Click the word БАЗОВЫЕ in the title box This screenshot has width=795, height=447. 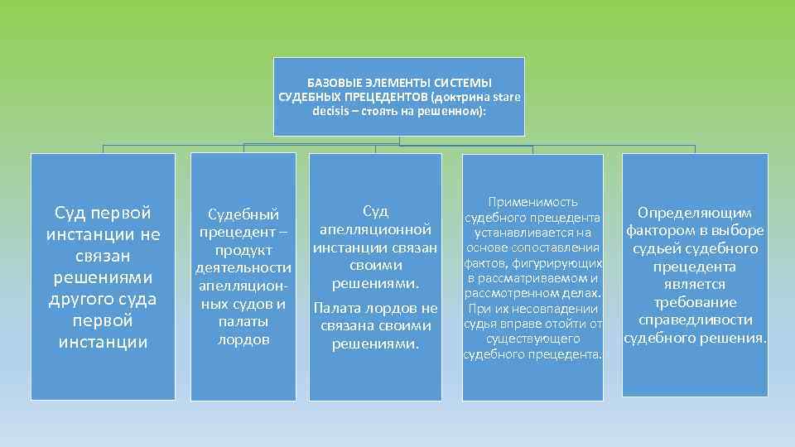coord(331,83)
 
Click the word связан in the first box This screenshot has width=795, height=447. coord(103,256)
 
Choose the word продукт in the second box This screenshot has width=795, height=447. coord(243,250)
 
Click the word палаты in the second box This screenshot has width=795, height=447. coord(243,321)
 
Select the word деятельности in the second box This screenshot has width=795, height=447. coord(243,267)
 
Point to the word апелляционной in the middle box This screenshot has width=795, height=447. coord(375,228)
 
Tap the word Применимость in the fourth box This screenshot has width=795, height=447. coord(532,202)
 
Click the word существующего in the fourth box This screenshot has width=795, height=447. coord(532,339)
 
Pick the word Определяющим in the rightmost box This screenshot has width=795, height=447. coord(694,214)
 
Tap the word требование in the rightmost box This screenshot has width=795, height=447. coord(694,302)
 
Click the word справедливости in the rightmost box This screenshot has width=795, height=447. coord(694,320)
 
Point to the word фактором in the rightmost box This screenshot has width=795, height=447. coord(659,230)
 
